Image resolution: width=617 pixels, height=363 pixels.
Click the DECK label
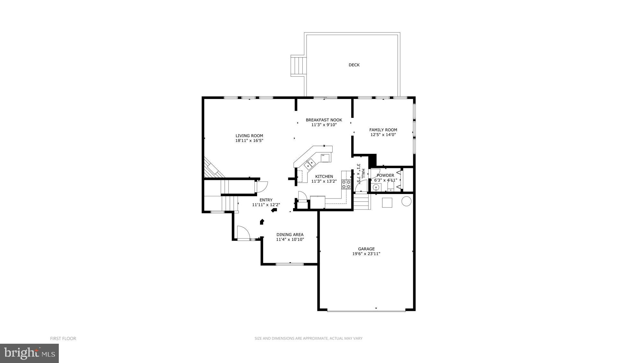(354, 65)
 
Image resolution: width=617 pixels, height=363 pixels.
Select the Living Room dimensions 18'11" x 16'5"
(249, 140)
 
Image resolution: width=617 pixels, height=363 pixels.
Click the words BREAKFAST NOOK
(324, 120)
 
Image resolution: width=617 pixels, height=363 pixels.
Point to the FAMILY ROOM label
(383, 130)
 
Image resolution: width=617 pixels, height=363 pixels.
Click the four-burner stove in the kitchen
(346, 184)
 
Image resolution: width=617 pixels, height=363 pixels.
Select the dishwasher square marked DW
(325, 157)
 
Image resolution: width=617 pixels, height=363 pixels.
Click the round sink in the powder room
(376, 187)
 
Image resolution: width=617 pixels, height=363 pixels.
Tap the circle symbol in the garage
(407, 201)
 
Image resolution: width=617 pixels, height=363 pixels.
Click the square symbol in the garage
(387, 203)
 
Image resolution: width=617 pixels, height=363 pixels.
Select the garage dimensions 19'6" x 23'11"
(366, 254)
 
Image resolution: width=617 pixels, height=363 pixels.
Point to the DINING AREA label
(290, 235)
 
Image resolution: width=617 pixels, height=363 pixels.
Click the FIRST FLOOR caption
(63, 338)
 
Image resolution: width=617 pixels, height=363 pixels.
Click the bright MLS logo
(29, 353)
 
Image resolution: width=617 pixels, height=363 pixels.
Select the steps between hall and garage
(362, 203)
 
